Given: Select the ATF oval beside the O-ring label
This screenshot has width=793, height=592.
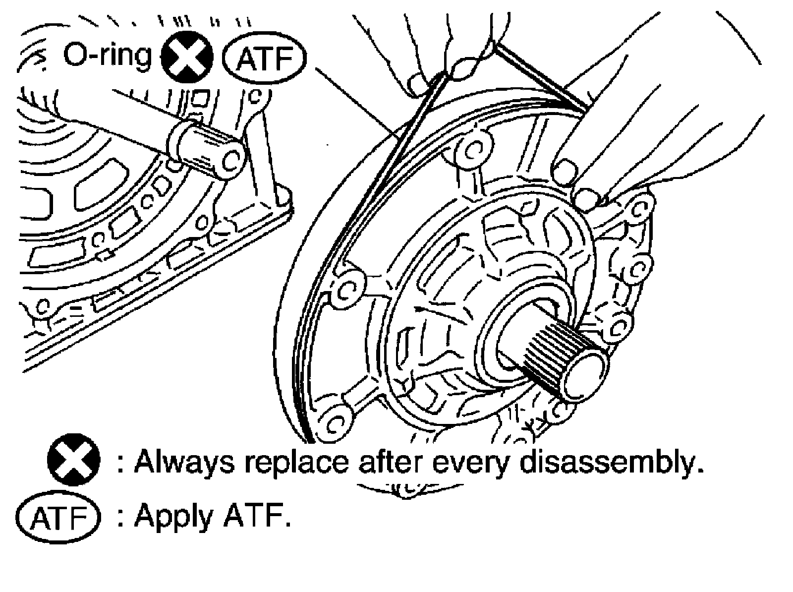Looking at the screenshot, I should click(x=264, y=60).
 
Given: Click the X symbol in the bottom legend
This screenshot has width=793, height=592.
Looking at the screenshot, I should click(x=73, y=462).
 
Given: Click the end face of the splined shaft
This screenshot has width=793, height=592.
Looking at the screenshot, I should click(x=588, y=368).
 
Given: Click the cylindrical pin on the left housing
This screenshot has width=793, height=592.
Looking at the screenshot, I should click(x=206, y=149).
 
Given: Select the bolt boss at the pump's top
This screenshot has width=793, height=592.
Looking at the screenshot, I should click(x=470, y=147).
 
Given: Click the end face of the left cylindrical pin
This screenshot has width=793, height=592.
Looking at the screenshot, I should click(x=231, y=161).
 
